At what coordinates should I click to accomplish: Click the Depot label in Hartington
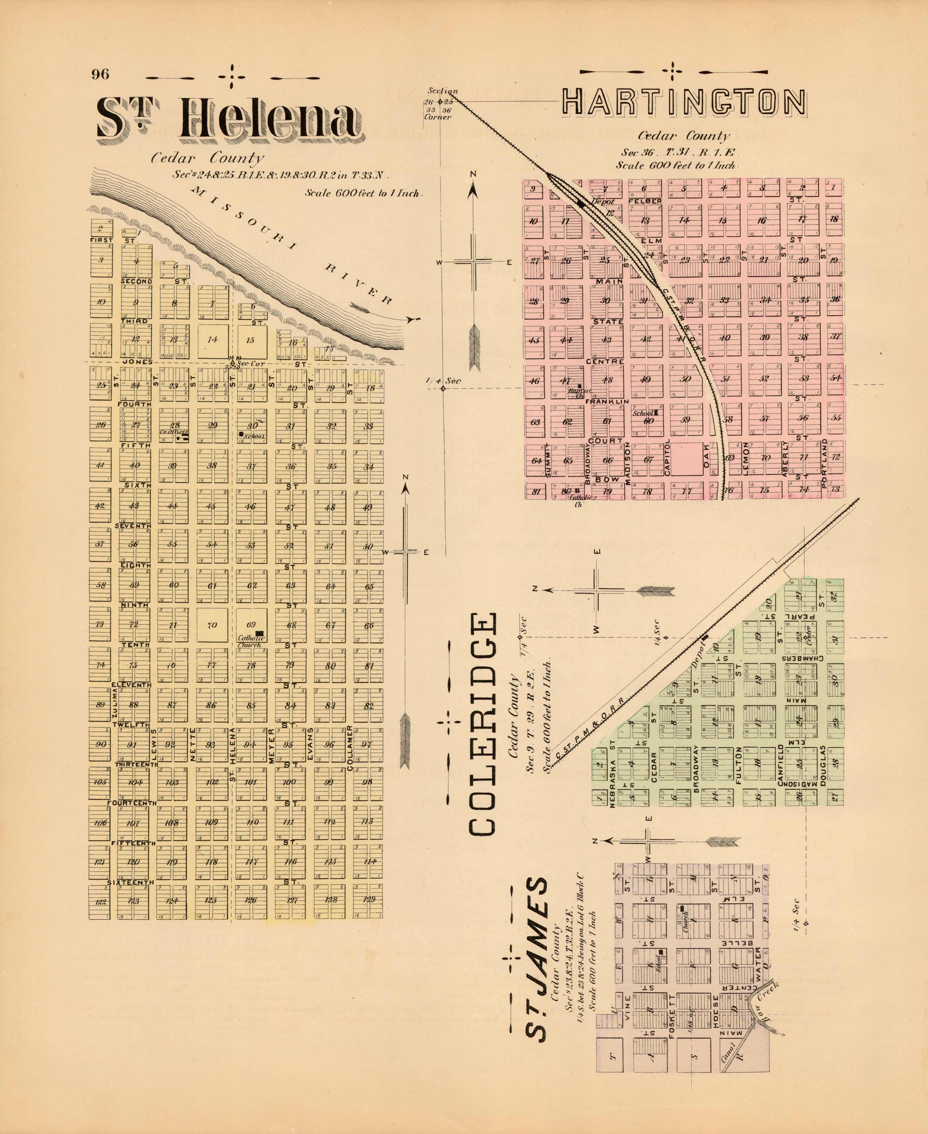click(x=603, y=202)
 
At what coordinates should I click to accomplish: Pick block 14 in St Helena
click(x=212, y=339)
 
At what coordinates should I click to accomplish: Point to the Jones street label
click(x=137, y=362)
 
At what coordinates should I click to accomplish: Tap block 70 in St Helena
click(x=212, y=624)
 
